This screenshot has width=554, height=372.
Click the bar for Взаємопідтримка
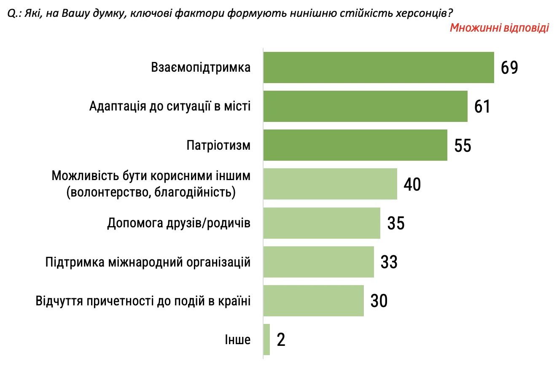(x=379, y=67)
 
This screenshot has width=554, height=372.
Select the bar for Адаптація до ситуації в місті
(x=365, y=106)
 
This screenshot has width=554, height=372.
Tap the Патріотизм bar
(x=355, y=145)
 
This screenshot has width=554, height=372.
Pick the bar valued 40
(x=330, y=184)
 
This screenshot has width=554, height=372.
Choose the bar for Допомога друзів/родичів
(x=322, y=223)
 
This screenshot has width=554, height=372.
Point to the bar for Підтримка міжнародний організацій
(x=318, y=262)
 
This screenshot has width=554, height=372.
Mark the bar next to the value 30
(x=313, y=301)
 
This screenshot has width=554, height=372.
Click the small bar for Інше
(x=266, y=340)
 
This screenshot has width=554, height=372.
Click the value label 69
(x=509, y=68)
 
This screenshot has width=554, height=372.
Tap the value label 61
(x=482, y=107)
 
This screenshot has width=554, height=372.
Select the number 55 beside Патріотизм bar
(x=462, y=146)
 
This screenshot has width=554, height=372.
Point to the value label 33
(x=389, y=262)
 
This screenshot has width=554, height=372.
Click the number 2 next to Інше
(x=281, y=340)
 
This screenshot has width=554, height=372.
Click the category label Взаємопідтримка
(x=201, y=67)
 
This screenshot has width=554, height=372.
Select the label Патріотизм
(x=218, y=146)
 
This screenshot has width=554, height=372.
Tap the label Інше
(x=237, y=340)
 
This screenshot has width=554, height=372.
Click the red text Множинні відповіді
(x=499, y=28)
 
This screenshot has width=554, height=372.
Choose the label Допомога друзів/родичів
(x=179, y=223)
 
